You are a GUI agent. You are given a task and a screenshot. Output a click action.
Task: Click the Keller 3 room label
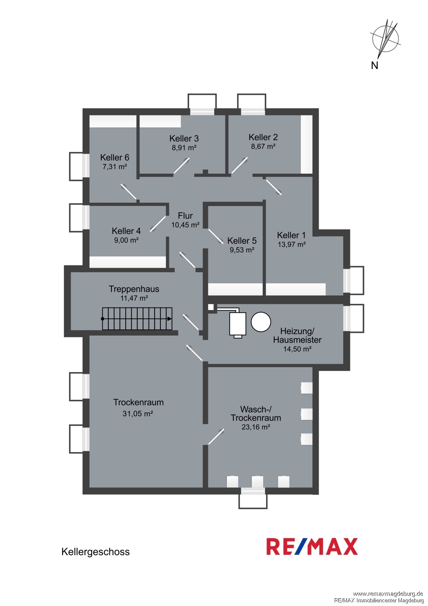pos(184,138)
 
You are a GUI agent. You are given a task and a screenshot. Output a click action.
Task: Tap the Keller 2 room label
pos(263,137)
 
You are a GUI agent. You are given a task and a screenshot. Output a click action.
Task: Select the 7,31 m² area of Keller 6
pos(115,166)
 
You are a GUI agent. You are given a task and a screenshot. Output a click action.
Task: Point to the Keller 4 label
pos(126,231)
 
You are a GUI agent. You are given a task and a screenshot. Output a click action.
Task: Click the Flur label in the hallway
pos(185,216)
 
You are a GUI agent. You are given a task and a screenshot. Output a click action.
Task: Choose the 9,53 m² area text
pos(242,250)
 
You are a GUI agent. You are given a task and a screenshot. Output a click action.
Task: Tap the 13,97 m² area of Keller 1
pos(292,244)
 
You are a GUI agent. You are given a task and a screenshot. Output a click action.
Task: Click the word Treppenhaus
pos(134,289)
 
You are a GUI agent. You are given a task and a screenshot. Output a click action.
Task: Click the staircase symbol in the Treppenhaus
pos(137,319)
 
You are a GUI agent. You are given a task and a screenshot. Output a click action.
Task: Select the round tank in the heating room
pos(261,322)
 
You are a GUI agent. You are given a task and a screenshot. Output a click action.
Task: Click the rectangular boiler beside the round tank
pos(238,324)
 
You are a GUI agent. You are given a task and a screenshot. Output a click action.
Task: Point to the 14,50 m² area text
pos(298,349)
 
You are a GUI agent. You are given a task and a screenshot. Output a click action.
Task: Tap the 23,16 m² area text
pos(256,427)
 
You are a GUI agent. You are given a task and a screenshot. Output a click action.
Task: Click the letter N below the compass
pos(374,65)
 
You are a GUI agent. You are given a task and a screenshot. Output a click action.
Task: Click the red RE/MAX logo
pos(312,547)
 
